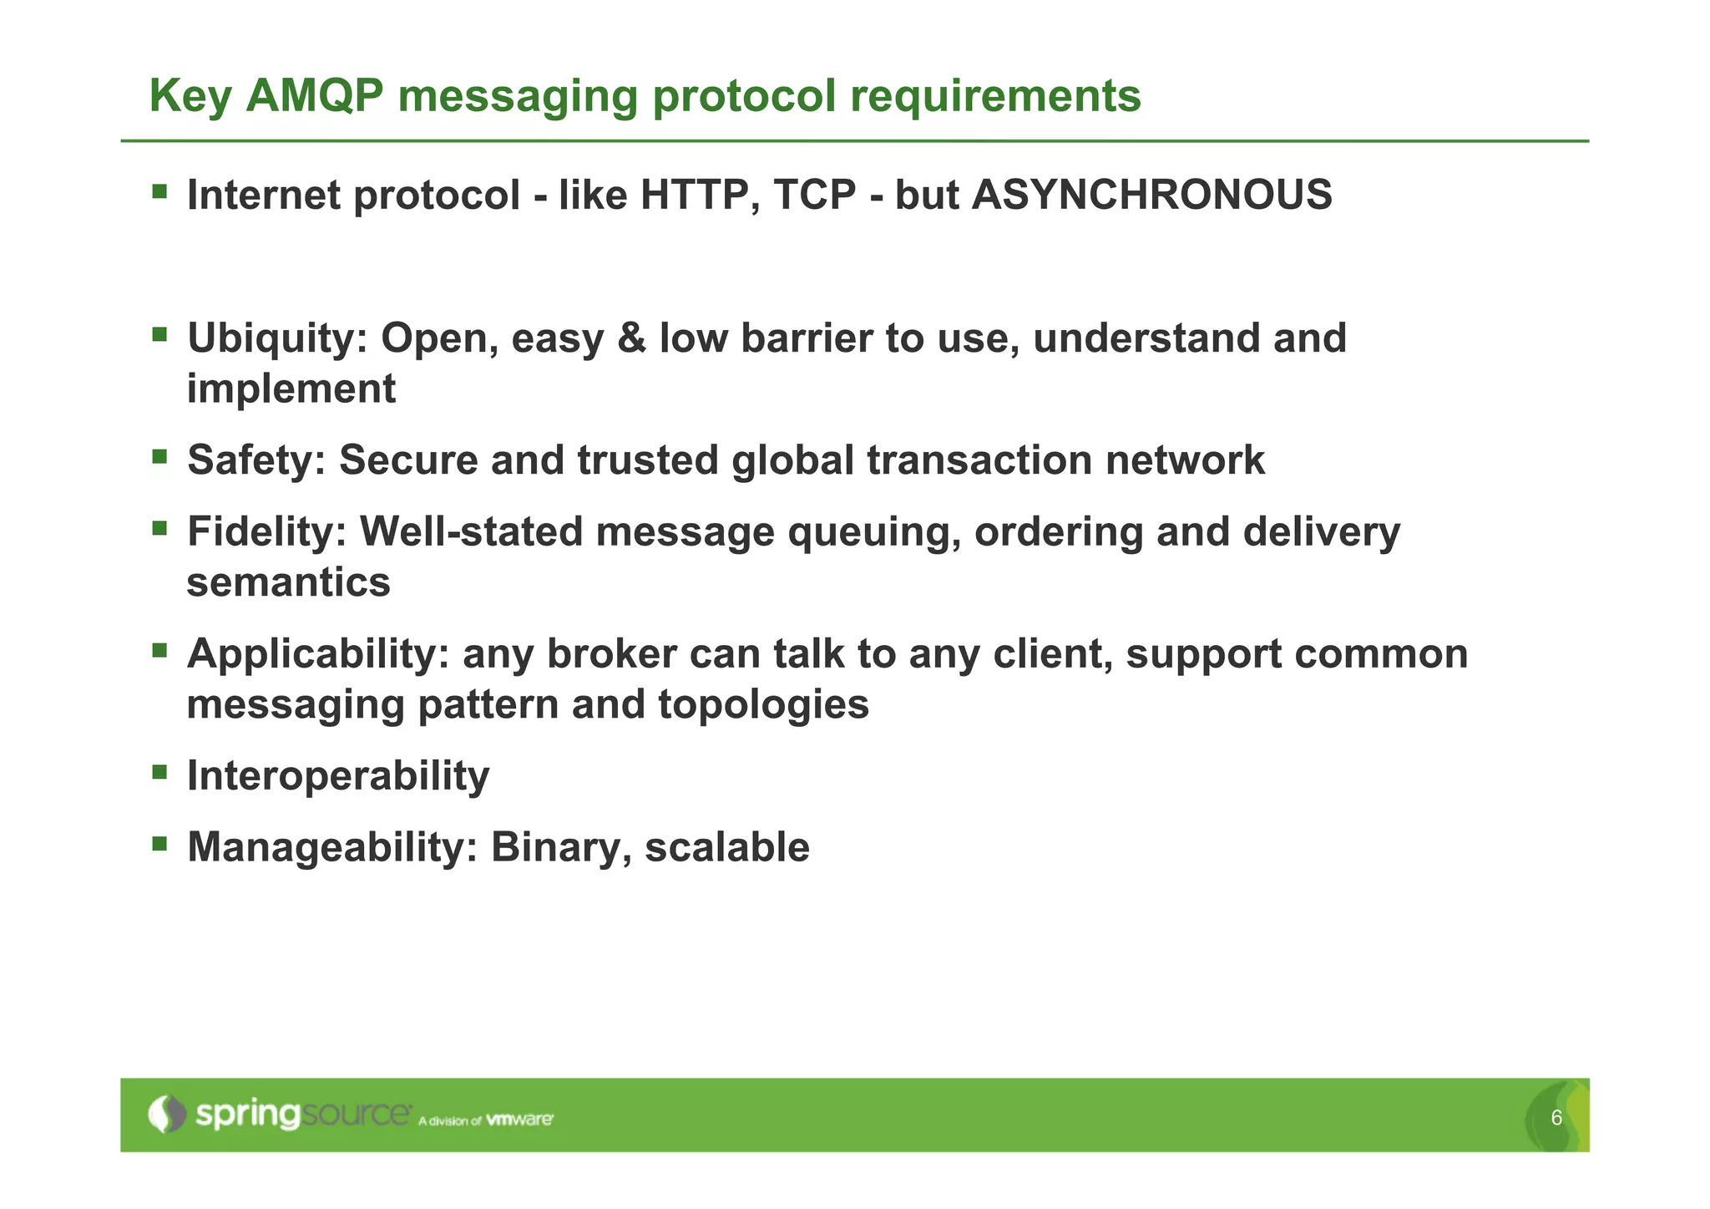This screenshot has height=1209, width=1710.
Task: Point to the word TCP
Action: click(815, 195)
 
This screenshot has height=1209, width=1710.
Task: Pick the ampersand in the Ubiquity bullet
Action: click(631, 338)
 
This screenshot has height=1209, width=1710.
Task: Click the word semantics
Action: click(288, 582)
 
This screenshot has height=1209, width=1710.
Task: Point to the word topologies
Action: click(763, 704)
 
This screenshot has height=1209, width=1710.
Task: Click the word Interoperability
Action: click(338, 775)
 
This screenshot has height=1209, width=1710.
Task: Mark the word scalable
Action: click(727, 847)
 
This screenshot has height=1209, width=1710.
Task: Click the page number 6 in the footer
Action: click(1556, 1118)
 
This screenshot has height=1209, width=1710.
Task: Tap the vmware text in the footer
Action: click(519, 1120)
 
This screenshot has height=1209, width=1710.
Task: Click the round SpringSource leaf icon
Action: click(167, 1115)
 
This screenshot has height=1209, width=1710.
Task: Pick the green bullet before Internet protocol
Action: click(159, 191)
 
